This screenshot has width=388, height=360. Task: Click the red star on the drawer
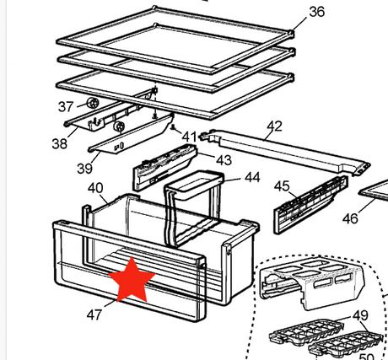coord(130,281)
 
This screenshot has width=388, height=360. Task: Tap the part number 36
coord(316,11)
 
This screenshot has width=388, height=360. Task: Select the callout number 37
coord(66,106)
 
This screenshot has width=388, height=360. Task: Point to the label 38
coord(58,144)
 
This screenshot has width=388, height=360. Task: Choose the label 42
coord(274,126)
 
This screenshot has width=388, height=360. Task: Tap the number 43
coord(224,159)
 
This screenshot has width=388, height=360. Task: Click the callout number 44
coord(252,178)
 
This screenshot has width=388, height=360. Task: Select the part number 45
coord(282,186)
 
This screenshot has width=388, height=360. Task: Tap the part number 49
coord(361,315)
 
